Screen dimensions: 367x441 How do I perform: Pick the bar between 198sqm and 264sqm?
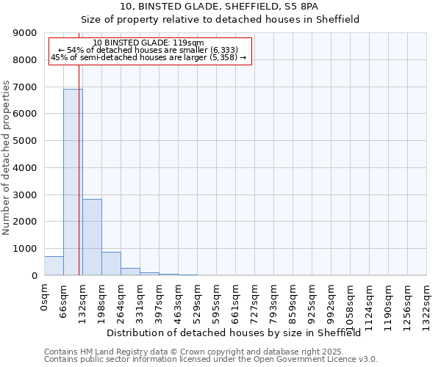pyautogui.click(x=111, y=264)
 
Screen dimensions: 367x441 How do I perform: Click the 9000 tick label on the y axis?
pyautogui.click(x=25, y=33)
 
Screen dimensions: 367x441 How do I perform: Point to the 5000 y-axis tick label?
pyautogui.click(x=25, y=141)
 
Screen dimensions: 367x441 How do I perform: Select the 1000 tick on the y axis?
pyautogui.click(x=25, y=249)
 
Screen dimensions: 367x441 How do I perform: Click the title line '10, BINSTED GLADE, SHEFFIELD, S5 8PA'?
pyautogui.click(x=220, y=6)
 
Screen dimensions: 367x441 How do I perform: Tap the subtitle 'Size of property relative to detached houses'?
pyautogui.click(x=220, y=19)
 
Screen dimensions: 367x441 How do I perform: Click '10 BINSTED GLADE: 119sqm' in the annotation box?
pyautogui.click(x=149, y=43)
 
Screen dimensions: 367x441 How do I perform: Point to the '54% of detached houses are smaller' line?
pyautogui.click(x=149, y=50)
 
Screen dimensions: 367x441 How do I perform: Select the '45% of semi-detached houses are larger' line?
pyautogui.click(x=149, y=57)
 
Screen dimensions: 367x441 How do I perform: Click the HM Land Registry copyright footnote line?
pyautogui.click(x=199, y=352)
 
